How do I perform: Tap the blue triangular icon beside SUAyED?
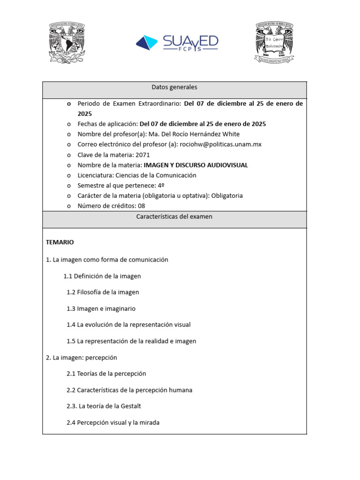(x=148, y=42)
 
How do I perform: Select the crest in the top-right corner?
(x=274, y=43)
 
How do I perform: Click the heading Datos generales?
(x=174, y=87)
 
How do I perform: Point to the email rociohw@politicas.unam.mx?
(x=221, y=144)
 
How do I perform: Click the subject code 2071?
(x=142, y=155)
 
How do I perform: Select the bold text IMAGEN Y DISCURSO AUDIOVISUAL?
(x=195, y=165)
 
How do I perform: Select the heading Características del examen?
(x=174, y=217)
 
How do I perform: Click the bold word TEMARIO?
(x=60, y=242)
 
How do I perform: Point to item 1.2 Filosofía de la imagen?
(x=103, y=292)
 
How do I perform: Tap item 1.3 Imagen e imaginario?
(x=101, y=308)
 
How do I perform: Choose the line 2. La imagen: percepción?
(x=82, y=357)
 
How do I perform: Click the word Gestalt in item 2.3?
(x=130, y=406)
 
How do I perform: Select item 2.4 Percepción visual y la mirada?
(x=113, y=422)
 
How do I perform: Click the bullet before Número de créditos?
(x=69, y=206)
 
